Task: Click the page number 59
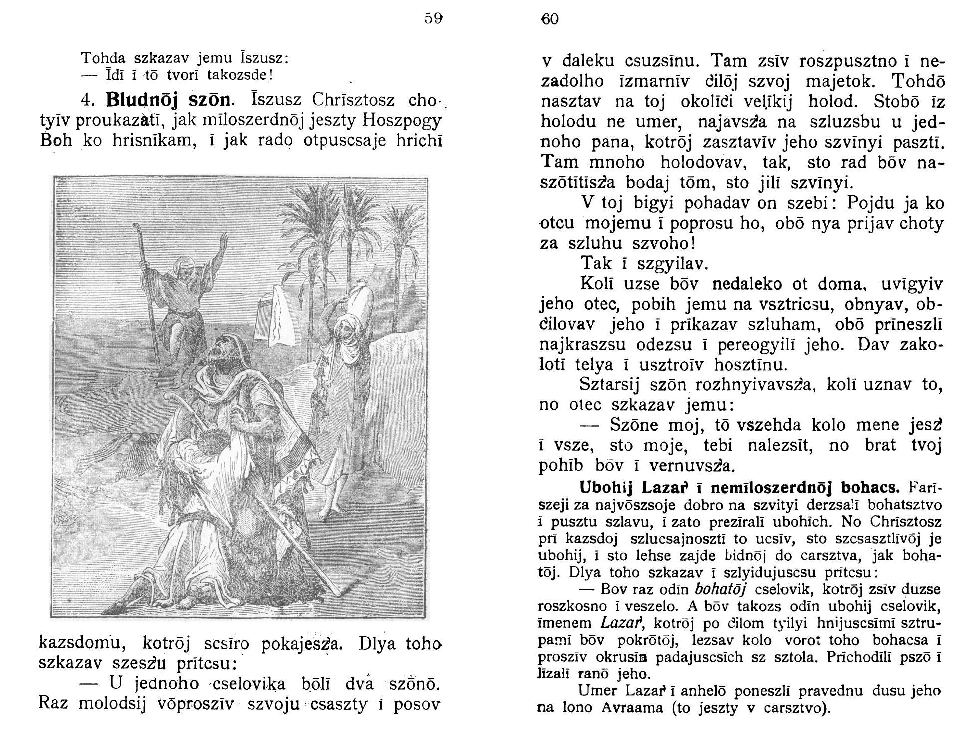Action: [433, 19]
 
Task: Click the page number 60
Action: [550, 19]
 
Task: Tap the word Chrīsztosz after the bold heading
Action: [353, 100]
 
